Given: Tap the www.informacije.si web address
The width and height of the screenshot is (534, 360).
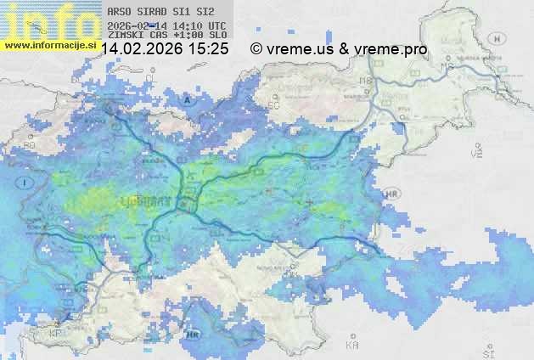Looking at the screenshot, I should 49,44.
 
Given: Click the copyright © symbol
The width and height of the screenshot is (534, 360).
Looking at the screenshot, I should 256,49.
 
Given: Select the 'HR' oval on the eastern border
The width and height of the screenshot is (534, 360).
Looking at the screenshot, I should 390,195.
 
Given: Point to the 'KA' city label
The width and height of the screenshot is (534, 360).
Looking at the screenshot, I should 351,346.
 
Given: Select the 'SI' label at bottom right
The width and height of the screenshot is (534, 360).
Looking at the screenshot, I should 487,349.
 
